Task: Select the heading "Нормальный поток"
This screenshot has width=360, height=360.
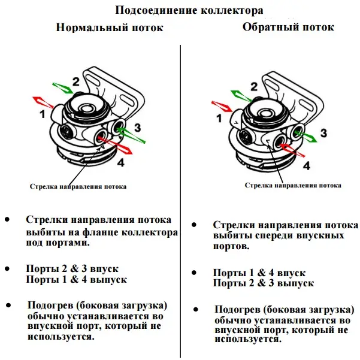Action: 110,28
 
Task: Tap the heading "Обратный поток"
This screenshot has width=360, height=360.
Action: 288,27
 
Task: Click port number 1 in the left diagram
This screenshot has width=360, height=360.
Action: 43,113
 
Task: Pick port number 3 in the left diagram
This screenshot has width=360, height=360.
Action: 137,127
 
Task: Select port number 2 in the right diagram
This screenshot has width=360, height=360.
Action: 254,86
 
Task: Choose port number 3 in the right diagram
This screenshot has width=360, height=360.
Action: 322,133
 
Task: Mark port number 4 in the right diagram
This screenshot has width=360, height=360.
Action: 305,165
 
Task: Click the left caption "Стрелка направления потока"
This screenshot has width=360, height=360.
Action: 78,186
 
